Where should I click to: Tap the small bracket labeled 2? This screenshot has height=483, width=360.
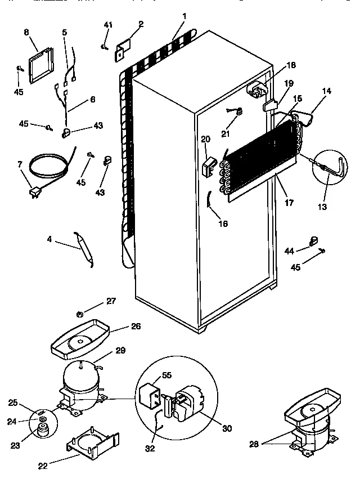point(123,48)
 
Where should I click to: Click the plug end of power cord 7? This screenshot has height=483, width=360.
point(35,194)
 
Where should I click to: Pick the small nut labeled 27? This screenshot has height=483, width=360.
point(80,312)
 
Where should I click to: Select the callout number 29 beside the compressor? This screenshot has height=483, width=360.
point(120,351)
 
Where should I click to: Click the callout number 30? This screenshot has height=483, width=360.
point(227,428)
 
